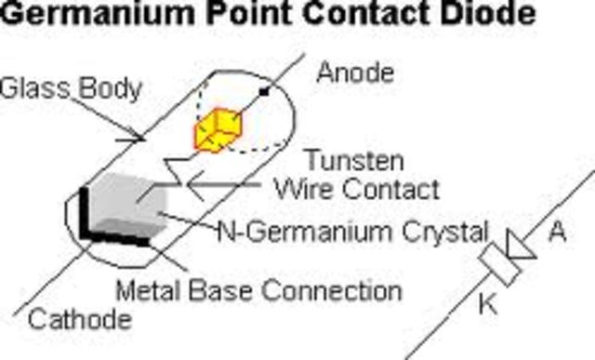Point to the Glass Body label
[71, 88]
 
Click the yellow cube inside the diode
[217, 129]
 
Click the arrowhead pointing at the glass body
[139, 138]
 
